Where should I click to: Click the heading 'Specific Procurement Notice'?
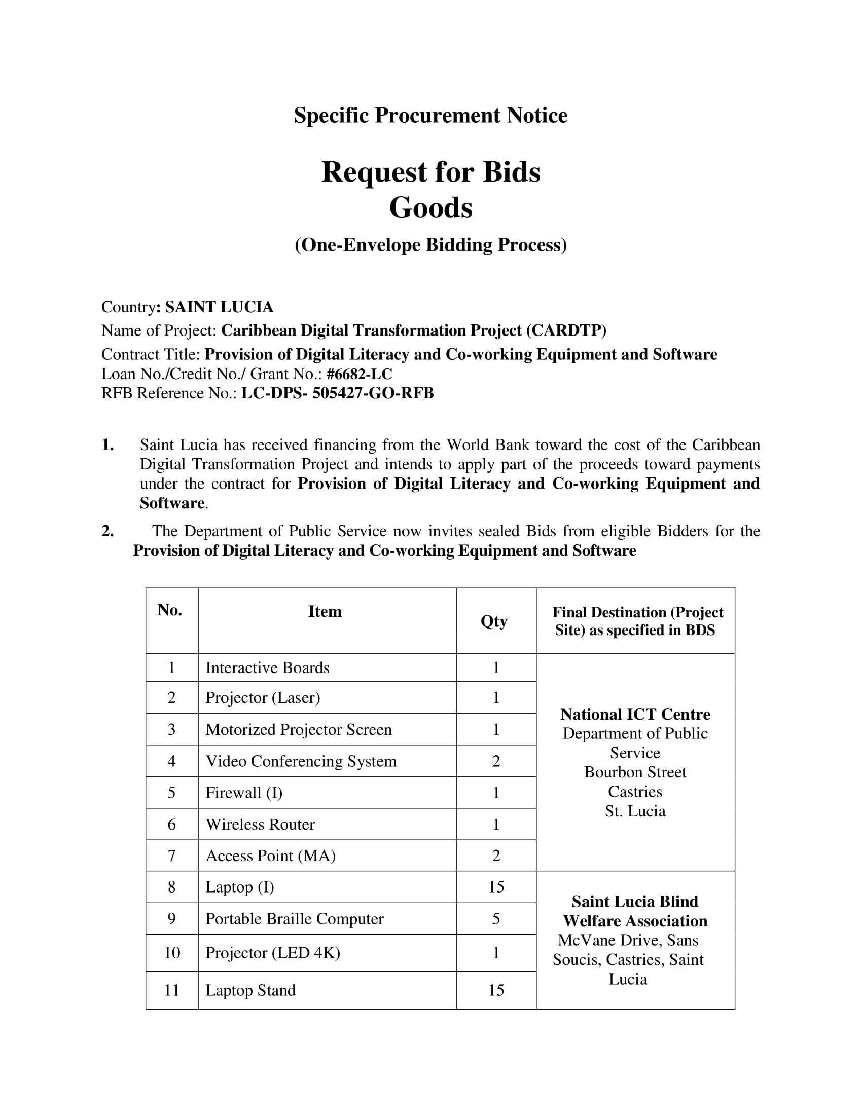pyautogui.click(x=430, y=116)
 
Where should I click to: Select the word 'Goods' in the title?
pyautogui.click(x=430, y=208)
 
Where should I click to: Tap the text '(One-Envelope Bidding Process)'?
pyautogui.click(x=430, y=245)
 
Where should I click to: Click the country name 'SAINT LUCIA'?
pyautogui.click(x=219, y=307)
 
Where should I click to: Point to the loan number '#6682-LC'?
pyautogui.click(x=359, y=374)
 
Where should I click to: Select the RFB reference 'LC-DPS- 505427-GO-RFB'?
pyautogui.click(x=337, y=393)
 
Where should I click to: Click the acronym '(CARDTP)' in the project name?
pyautogui.click(x=566, y=330)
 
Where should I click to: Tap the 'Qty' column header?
pyautogui.click(x=494, y=621)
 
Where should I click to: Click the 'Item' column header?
pyautogui.click(x=325, y=611)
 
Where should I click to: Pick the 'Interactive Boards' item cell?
pyautogui.click(x=267, y=668)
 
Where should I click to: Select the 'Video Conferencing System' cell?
pyautogui.click(x=301, y=761)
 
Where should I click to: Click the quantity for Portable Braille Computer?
pyautogui.click(x=496, y=919)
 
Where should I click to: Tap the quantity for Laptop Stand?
pyautogui.click(x=496, y=990)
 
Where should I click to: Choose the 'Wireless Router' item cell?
pyautogui.click(x=260, y=824)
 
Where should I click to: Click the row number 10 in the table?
pyautogui.click(x=171, y=953)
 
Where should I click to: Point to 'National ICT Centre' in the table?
pyautogui.click(x=635, y=714)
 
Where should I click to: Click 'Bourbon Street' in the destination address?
pyautogui.click(x=635, y=772)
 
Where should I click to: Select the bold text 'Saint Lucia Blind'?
pyautogui.click(x=635, y=901)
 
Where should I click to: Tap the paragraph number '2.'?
pyautogui.click(x=107, y=531)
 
